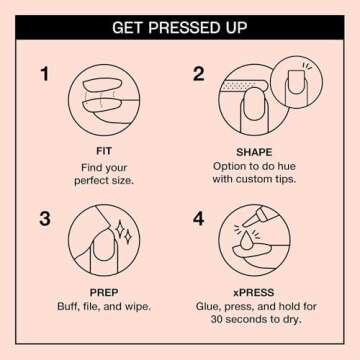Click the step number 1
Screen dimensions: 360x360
(44, 74)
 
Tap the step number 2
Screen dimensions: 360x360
(198, 74)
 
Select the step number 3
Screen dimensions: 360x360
(44, 218)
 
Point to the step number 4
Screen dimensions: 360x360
(198, 218)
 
